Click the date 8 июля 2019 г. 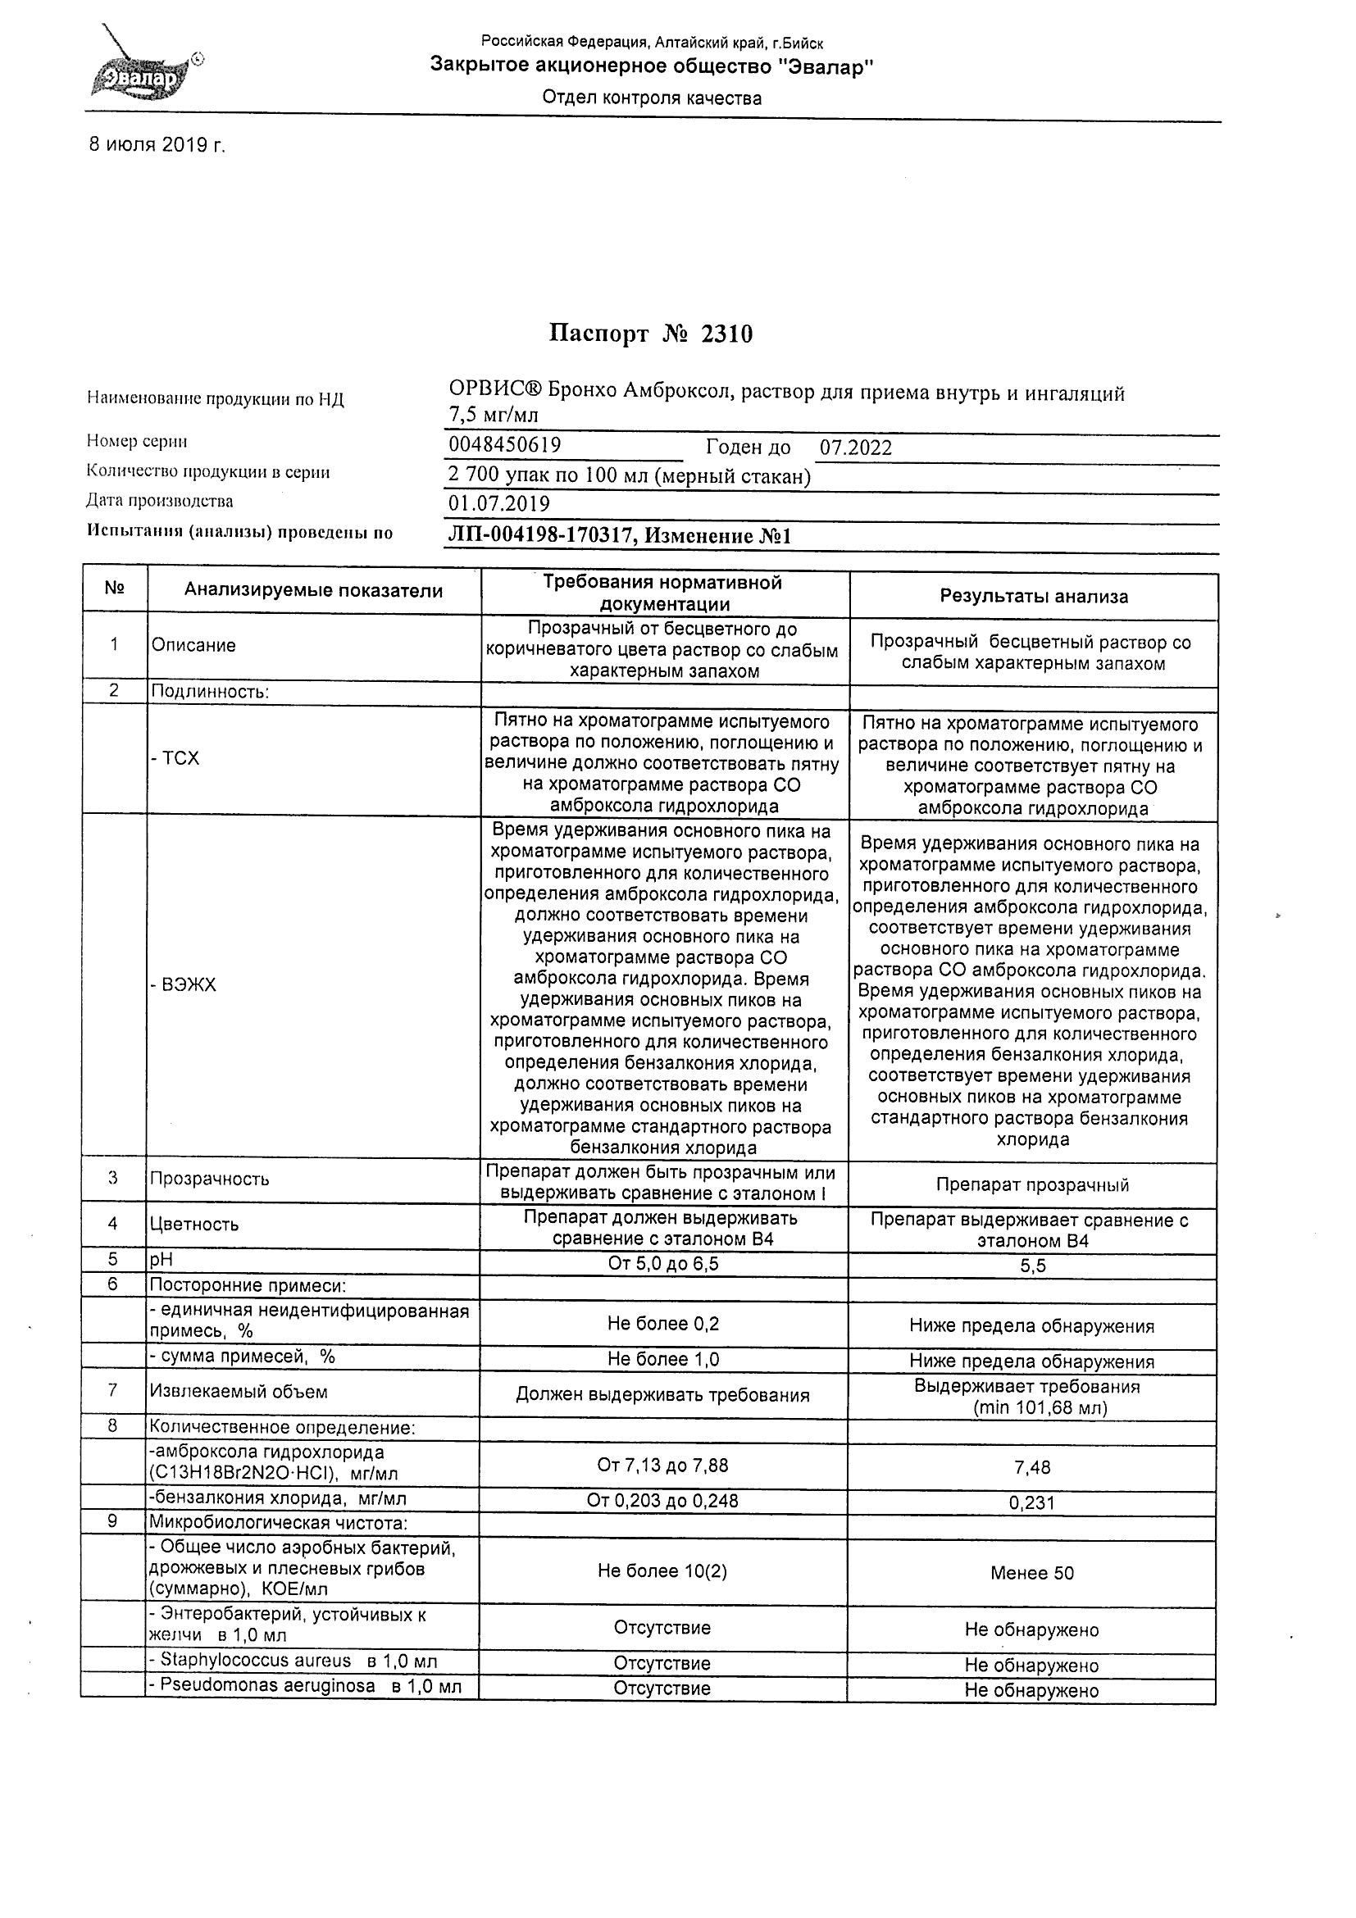[x=157, y=144]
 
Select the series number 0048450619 [x=505, y=445]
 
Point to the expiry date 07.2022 [x=855, y=448]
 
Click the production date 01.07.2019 [x=498, y=504]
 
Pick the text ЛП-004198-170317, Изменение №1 [x=619, y=535]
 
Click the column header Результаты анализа [x=1033, y=597]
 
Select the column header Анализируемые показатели [x=313, y=591]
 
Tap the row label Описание [x=193, y=645]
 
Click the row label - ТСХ [x=175, y=758]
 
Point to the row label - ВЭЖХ [x=184, y=985]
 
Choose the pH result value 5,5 [x=1033, y=1266]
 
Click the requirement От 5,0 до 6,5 [x=662, y=1263]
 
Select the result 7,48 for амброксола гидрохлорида [x=1033, y=1467]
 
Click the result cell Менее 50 [x=1032, y=1573]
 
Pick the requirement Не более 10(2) [x=662, y=1571]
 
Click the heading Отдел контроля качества [x=652, y=98]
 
